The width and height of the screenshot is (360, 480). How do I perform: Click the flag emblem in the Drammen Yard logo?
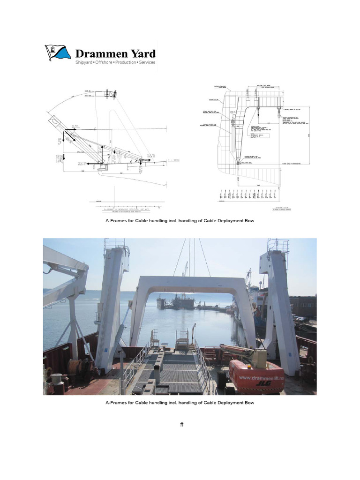pos(58,52)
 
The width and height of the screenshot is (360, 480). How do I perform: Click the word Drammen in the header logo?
pos(100,53)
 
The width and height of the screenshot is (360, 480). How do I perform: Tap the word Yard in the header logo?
pos(142,53)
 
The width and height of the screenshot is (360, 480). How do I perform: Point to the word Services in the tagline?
pos(146,62)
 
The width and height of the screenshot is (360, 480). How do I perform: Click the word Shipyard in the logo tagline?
pos(85,62)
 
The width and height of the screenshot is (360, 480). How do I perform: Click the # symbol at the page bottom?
pos(181,425)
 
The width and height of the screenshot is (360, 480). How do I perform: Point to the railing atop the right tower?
pos(277,245)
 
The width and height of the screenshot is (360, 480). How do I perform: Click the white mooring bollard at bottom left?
pos(56,380)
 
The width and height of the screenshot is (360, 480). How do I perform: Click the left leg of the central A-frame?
pos(136,314)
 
